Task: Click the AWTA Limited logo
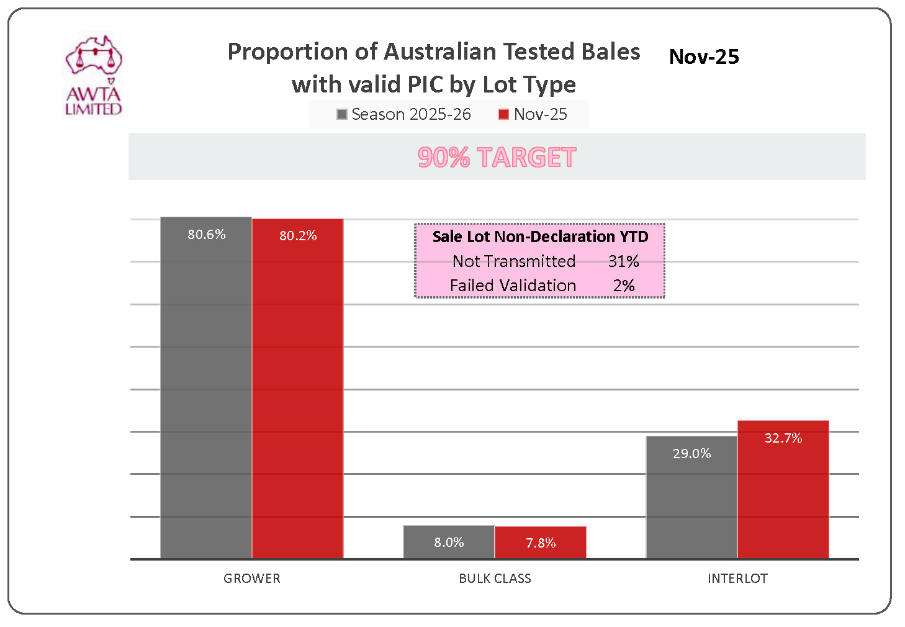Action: pos(93,75)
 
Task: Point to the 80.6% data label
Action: pos(207,235)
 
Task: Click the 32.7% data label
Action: pos(783,438)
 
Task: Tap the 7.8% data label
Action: pos(541,543)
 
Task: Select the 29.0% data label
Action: pos(692,454)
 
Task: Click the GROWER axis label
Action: pos(252,579)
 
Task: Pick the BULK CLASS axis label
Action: pos(495,579)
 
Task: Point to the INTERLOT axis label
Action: pos(737,579)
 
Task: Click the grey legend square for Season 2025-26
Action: pos(341,114)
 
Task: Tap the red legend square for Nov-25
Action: pos(503,114)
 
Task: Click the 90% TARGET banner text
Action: pos(497,158)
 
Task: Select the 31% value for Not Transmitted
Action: pos(623,261)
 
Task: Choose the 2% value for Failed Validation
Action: pos(624,286)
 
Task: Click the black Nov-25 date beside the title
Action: pos(704,57)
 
